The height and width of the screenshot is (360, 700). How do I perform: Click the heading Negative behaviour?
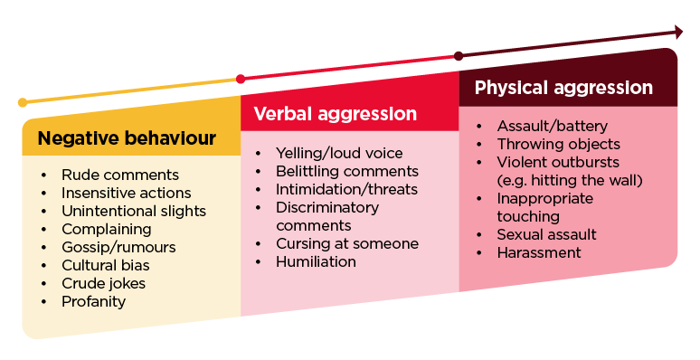click(x=127, y=138)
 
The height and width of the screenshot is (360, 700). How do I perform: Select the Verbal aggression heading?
click(x=335, y=114)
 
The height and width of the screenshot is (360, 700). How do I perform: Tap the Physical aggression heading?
click(x=563, y=88)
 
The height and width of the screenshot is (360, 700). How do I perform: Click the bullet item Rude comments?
click(x=119, y=175)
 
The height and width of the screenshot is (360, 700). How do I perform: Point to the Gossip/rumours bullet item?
click(x=118, y=247)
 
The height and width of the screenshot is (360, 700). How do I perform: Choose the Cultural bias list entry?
click(x=105, y=265)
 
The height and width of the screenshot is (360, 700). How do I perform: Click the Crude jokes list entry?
click(x=103, y=283)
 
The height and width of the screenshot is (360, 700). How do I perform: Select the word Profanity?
click(x=93, y=301)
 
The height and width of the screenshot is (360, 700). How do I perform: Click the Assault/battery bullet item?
click(x=552, y=126)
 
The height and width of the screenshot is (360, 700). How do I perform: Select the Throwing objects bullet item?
click(x=558, y=144)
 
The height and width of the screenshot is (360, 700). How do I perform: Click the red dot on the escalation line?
click(x=240, y=79)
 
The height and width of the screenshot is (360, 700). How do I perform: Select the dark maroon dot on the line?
click(x=459, y=56)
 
